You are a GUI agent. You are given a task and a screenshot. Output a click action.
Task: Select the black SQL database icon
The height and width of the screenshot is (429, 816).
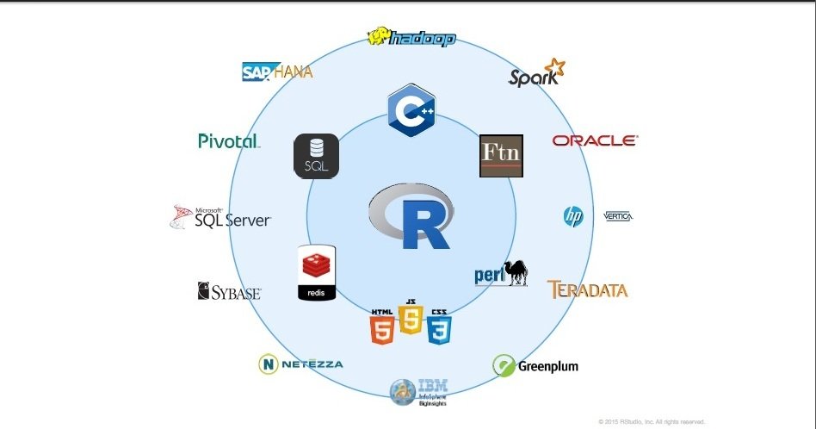[x=316, y=156]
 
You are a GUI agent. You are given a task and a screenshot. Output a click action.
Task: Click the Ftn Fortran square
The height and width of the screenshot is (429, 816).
[x=501, y=156]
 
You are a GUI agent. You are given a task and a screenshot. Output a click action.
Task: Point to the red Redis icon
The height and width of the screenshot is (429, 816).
[x=316, y=273]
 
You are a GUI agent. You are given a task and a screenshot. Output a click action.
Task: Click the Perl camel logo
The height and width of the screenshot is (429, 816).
[x=501, y=272]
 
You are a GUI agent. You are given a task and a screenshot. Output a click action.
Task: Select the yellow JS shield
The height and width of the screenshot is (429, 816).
[x=411, y=318]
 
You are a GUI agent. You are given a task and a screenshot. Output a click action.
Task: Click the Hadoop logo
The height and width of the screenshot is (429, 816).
[x=411, y=38]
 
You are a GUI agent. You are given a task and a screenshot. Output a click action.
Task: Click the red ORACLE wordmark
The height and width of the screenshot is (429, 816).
[x=595, y=140]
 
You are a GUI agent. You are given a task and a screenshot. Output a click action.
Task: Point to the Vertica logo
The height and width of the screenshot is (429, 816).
[x=618, y=216]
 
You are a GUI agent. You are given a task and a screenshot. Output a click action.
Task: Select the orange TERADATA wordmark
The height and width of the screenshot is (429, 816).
[x=587, y=289]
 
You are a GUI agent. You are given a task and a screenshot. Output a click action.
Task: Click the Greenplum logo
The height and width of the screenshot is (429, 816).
[x=535, y=365]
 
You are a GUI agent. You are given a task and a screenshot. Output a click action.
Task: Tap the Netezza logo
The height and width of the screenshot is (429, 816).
[x=300, y=364]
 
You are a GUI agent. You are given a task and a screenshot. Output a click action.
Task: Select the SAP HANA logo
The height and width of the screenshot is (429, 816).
[x=276, y=71]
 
